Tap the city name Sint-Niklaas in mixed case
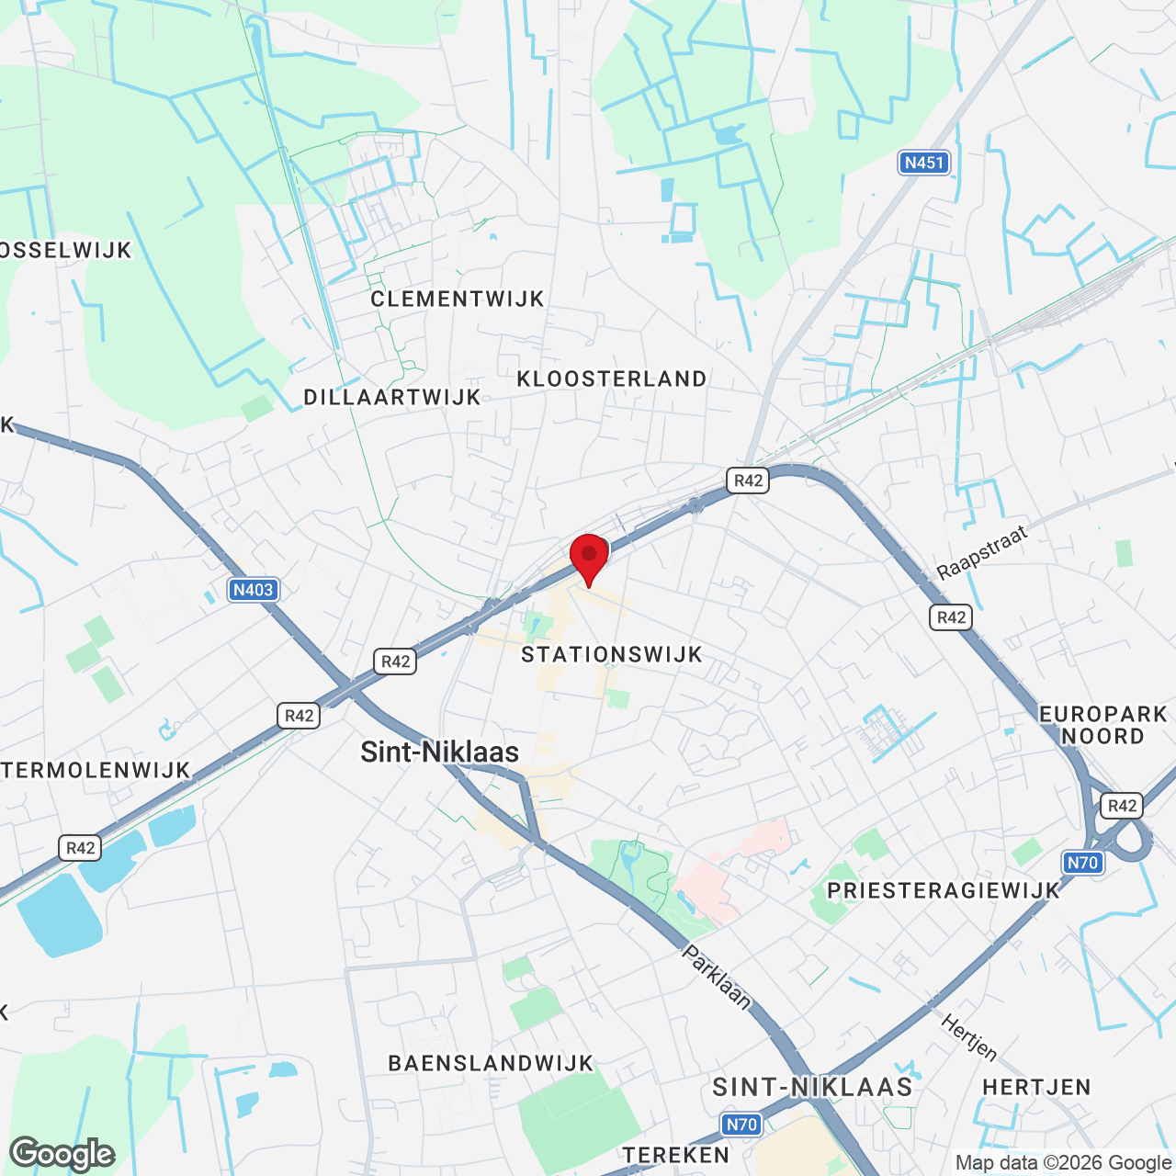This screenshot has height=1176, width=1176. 439,752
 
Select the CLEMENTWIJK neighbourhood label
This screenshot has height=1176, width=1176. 458,299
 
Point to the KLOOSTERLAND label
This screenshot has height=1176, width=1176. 612,379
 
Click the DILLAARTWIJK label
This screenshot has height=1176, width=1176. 392,397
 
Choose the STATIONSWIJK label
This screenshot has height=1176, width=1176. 612,654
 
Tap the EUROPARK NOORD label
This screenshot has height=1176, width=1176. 1102,725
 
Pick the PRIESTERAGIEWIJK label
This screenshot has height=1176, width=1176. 944,890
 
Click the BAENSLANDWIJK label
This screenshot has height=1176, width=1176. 492,1063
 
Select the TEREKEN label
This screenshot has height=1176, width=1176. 676,1155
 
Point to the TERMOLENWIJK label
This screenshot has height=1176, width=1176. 96,770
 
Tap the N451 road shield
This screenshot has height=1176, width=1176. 923,163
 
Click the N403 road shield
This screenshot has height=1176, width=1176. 253,590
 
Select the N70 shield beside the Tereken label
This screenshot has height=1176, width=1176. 741,1125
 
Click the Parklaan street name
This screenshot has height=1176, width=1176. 717,978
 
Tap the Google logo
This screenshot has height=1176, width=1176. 62,1154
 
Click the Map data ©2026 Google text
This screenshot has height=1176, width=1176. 1064,1163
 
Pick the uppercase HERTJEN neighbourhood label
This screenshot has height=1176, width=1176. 1036,1087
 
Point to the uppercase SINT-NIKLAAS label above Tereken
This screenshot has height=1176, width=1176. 813,1087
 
